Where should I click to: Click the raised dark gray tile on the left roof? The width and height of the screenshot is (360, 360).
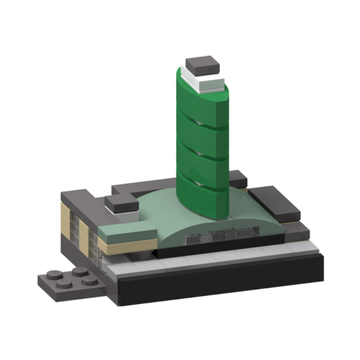tap(122, 204)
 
